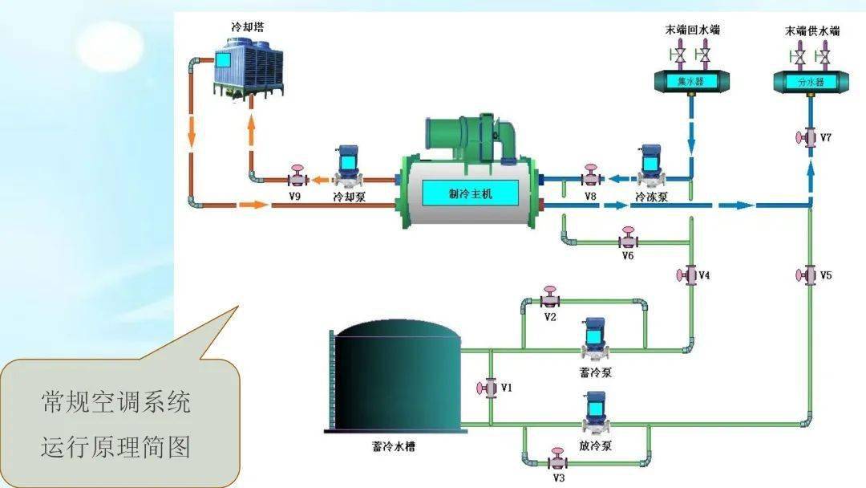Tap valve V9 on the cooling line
coord(297,177)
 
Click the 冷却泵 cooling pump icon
coord(348,164)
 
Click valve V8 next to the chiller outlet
coord(591,177)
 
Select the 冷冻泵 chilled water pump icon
coord(649,164)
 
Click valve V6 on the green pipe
coord(628,239)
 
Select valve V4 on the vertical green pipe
coord(689,275)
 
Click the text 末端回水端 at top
coord(693,31)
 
